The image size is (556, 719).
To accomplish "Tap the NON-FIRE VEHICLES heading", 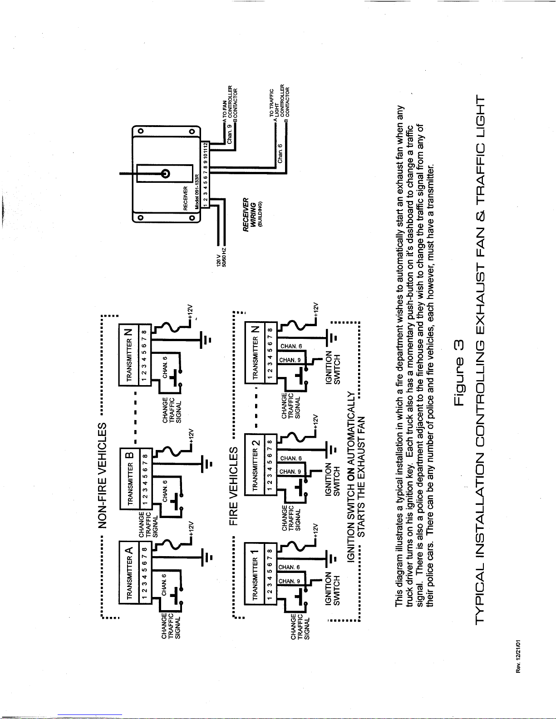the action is pyautogui.click(x=102, y=475).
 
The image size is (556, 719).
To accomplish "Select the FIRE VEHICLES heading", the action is pyautogui.click(x=234, y=486).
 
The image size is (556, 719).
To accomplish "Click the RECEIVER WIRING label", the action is pyautogui.click(x=252, y=215).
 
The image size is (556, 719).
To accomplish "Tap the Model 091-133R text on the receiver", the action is pyautogui.click(x=197, y=191).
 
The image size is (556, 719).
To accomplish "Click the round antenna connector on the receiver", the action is pyautogui.click(x=165, y=173).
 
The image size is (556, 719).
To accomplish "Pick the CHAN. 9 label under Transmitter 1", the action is pyautogui.click(x=289, y=581).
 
